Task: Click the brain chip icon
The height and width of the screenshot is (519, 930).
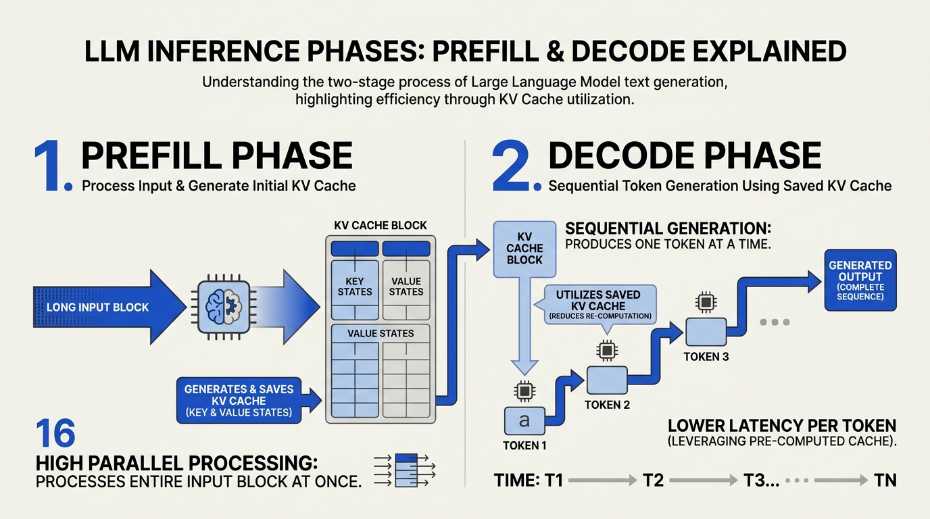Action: pos(224,307)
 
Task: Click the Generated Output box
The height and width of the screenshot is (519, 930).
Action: pos(860,280)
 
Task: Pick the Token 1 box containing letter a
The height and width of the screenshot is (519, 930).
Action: pos(524,420)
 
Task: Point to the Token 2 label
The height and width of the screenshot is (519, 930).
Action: pos(607,405)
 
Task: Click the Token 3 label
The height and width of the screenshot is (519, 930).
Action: pos(706,357)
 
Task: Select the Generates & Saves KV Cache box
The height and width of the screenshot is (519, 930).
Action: pos(239,401)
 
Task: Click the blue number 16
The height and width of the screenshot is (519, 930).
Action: pos(55,433)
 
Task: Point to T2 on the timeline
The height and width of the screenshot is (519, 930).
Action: pos(654,480)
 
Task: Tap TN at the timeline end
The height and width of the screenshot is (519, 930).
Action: pos(885,480)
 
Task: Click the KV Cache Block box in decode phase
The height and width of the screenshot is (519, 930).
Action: pos(524,249)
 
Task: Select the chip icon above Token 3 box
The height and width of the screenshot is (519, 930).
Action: pos(706,301)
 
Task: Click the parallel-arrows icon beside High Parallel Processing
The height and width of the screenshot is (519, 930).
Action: pos(405,470)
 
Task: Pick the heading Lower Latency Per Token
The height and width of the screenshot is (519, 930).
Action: pos(782,426)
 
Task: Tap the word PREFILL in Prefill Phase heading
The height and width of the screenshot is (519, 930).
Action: pos(152,155)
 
